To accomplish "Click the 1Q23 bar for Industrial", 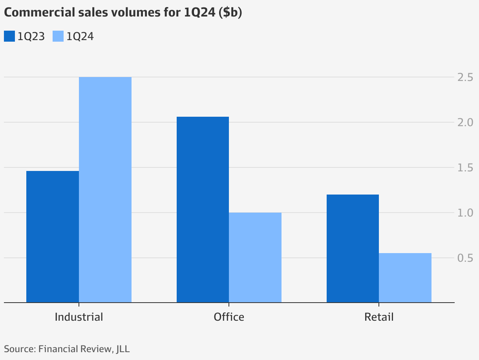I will click(53, 237).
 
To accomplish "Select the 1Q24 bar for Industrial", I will click(105, 190).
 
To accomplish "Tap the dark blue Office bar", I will click(203, 209).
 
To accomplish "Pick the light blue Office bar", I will click(255, 257).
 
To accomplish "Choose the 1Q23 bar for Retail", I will click(353, 248).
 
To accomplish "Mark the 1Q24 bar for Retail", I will click(405, 278).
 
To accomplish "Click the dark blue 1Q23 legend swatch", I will click(9, 36).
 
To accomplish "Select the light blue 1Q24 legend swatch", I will click(58, 36).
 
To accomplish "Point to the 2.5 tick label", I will click(465, 77).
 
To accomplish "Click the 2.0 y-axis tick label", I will click(465, 123).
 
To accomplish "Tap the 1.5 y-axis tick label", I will click(465, 168).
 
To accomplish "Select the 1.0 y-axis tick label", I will click(465, 213).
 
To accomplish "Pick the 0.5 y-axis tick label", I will click(465, 258).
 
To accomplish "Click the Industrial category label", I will click(79, 317).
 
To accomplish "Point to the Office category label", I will click(229, 317).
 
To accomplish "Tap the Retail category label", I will click(379, 317).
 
